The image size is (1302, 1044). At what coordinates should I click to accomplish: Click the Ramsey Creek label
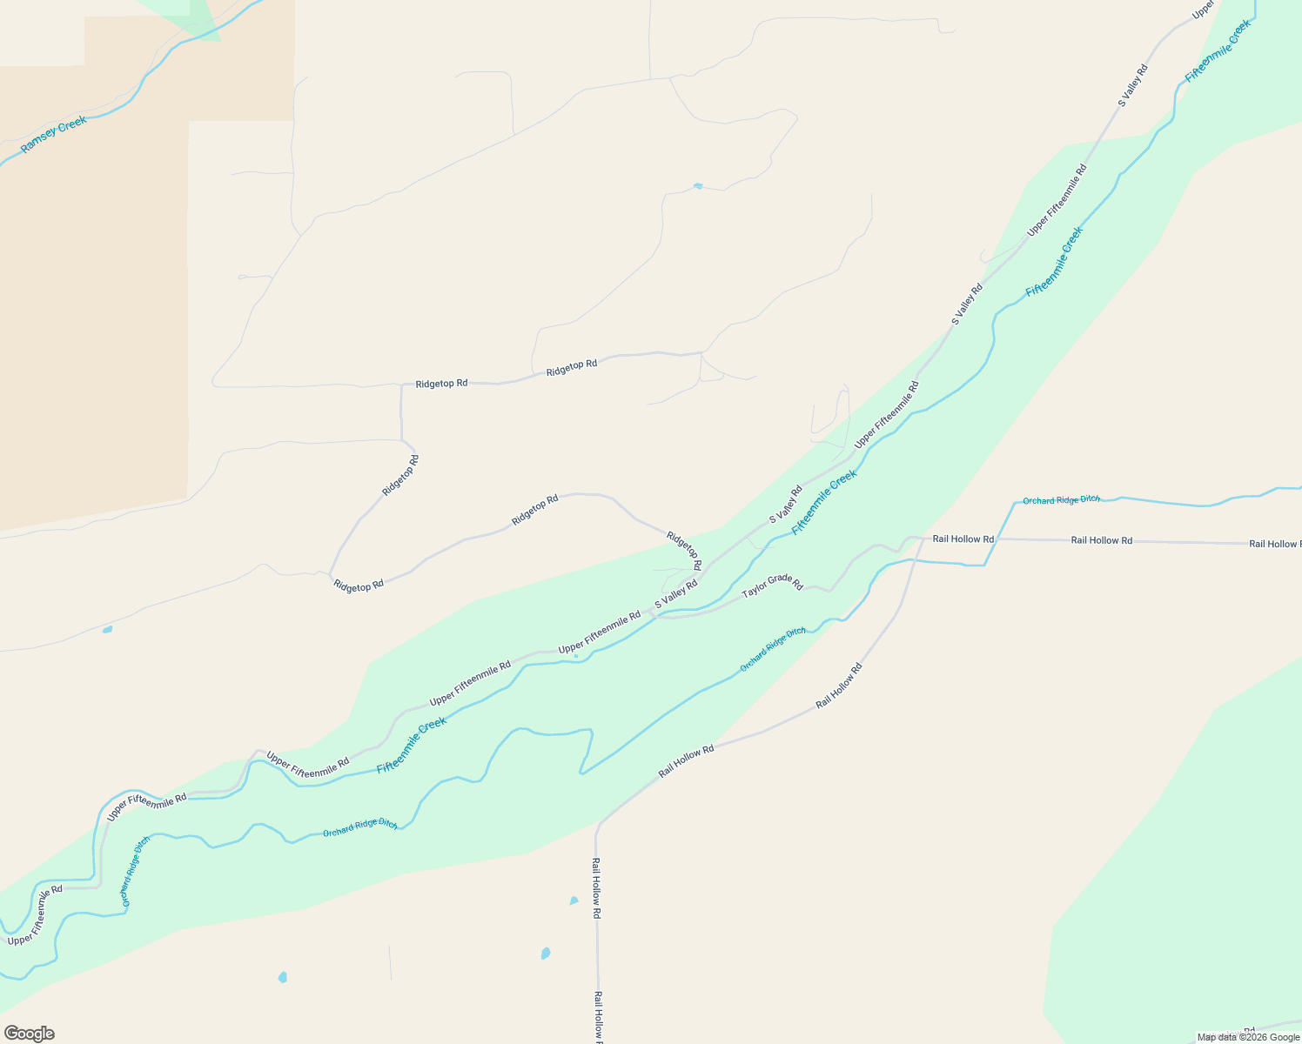point(53,135)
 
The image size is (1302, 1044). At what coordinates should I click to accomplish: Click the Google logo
point(29,1034)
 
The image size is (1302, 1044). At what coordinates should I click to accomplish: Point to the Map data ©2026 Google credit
point(1248,1037)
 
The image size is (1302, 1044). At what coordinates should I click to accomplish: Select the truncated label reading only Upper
point(1203,10)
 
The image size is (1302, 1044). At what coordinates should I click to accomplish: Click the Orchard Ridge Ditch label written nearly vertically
point(136,871)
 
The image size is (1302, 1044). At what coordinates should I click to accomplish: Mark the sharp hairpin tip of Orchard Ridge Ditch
point(582,772)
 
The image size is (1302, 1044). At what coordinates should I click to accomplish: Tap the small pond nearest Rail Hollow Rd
point(574,901)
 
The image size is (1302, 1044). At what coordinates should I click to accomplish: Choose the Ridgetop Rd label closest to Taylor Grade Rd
point(683,551)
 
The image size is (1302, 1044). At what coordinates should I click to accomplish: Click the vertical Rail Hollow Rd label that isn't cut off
point(596,888)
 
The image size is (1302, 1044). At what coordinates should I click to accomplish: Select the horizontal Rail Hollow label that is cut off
point(1274,544)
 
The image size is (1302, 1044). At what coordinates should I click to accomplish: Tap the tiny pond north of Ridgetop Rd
point(698,185)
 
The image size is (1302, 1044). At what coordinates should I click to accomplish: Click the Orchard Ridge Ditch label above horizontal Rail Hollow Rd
point(1061,500)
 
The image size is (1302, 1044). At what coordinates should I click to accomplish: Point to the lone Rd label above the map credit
point(1249,1029)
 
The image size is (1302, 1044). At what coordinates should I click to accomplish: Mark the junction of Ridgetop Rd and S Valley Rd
point(701,574)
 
